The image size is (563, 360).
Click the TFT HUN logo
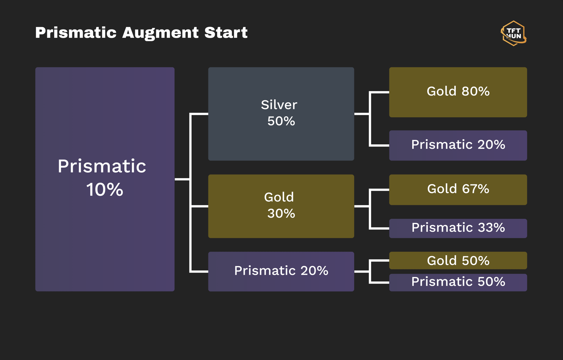[x=513, y=33]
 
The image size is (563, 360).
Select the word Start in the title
[x=226, y=33]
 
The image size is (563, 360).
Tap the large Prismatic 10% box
[x=105, y=179]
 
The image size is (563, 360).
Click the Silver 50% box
[x=281, y=114]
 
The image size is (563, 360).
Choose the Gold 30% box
[x=281, y=206]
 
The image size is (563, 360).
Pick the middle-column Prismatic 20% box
[x=281, y=271]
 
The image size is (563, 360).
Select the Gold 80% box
[x=458, y=92]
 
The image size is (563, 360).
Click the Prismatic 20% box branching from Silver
[x=458, y=145]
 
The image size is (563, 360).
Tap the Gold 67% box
[x=458, y=190]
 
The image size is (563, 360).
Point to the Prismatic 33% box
[x=458, y=228]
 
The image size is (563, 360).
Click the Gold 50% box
[x=458, y=260]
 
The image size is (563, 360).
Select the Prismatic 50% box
[x=458, y=282]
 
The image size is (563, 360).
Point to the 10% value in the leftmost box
[x=105, y=190]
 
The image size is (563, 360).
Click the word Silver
[x=279, y=105]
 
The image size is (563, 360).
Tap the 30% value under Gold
[x=281, y=214]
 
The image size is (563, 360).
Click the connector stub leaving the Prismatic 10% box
[x=182, y=179]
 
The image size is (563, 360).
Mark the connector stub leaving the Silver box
[x=362, y=114]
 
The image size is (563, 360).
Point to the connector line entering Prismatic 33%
[x=379, y=228]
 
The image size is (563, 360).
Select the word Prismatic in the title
[x=76, y=33]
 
